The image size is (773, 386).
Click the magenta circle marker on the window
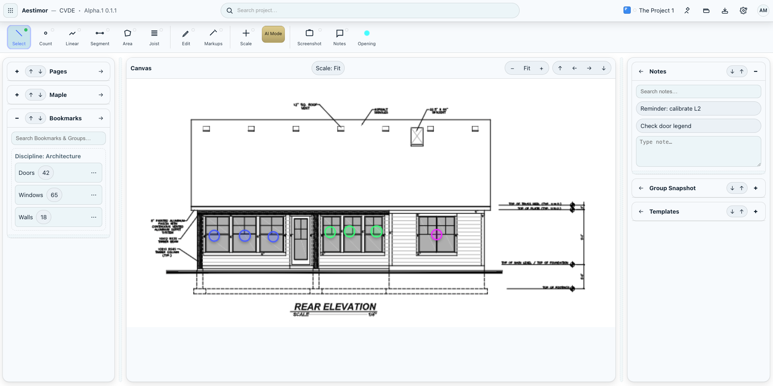click(x=436, y=234)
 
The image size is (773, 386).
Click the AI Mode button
click(x=273, y=34)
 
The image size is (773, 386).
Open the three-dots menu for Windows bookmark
click(x=94, y=195)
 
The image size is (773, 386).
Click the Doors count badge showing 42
click(x=46, y=173)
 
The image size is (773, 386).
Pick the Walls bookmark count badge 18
click(x=44, y=217)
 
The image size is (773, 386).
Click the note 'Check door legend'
click(x=698, y=126)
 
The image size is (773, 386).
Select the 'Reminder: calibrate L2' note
click(x=698, y=109)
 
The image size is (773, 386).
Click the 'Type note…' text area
click(x=698, y=151)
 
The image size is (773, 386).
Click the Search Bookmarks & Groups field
click(x=59, y=138)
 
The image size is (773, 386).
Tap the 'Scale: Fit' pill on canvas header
click(x=328, y=68)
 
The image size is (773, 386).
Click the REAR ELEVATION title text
click(x=335, y=307)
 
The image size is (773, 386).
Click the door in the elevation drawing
click(x=301, y=239)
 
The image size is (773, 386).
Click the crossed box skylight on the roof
click(x=417, y=136)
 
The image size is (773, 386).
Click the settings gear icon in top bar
click(x=743, y=10)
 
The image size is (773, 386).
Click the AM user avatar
click(x=763, y=10)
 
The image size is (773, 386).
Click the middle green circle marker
click(x=350, y=231)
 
